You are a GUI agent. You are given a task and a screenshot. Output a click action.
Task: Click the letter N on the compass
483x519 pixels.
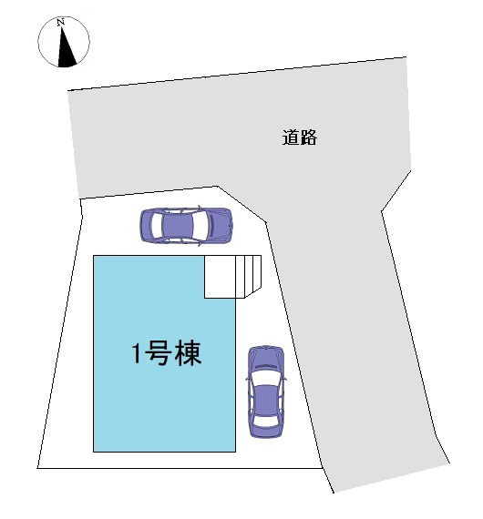tap(60, 23)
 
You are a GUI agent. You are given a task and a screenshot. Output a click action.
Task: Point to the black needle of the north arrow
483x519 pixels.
tap(66, 50)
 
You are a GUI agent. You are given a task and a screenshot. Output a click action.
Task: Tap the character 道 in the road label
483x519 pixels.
tap(291, 137)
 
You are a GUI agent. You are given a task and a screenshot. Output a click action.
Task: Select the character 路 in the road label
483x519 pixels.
tap(308, 137)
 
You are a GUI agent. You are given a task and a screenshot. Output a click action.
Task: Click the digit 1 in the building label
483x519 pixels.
tap(137, 353)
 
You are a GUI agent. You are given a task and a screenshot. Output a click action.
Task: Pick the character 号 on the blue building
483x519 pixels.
tap(159, 353)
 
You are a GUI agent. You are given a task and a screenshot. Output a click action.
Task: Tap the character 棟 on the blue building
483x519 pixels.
tap(188, 353)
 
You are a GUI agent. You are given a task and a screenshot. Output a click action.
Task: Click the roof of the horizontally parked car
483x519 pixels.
tap(178, 226)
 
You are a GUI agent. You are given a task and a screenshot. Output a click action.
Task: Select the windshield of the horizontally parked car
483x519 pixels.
tap(202, 226)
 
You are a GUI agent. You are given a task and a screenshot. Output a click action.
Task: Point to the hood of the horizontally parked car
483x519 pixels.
tap(220, 226)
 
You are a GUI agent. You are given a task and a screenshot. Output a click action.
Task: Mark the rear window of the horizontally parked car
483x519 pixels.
tap(156, 226)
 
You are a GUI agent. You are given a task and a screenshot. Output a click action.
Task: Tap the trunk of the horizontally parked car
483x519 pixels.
tap(146, 226)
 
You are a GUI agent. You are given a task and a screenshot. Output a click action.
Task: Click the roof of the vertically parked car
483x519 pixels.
tap(266, 401)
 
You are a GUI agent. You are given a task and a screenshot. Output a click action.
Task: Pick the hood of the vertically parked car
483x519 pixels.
tap(266, 358)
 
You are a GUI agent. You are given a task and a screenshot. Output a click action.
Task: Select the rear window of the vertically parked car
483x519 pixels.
tap(266, 421)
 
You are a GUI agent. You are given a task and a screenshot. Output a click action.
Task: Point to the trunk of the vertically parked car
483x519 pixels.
tap(266, 431)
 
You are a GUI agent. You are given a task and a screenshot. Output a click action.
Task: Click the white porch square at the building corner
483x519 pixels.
tap(220, 277)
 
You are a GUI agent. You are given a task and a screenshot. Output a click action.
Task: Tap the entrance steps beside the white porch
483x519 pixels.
tap(249, 276)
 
